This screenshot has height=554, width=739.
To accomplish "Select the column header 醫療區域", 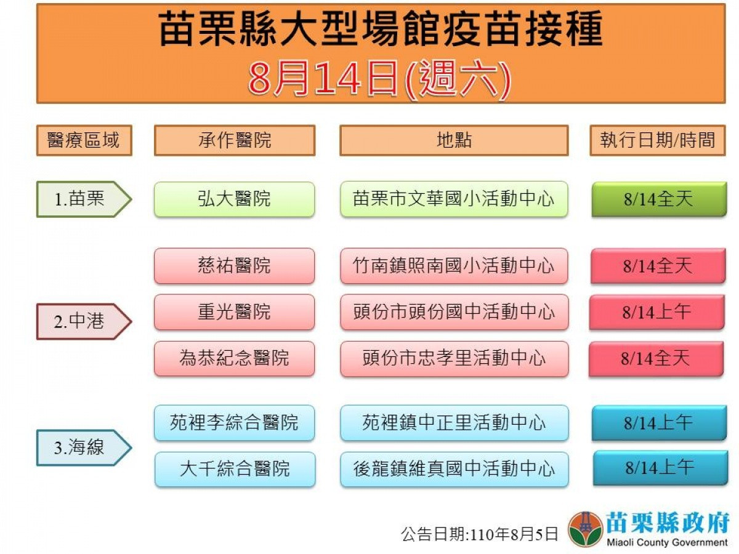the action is coord(84,140).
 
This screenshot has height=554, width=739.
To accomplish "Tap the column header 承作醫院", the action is coord(235,140).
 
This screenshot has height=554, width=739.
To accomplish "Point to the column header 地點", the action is coord(454,140).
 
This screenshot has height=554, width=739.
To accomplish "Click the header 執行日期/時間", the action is coord(658,140).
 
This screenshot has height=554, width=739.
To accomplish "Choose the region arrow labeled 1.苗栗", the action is coord(84,199).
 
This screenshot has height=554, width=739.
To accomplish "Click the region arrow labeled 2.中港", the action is coord(84,321).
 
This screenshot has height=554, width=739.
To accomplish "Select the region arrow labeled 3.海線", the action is coord(84,448).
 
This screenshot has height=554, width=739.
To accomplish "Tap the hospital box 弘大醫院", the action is coord(235,199).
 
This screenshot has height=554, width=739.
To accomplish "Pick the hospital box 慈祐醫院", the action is coord(235,266).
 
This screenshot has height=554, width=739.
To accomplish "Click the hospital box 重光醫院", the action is coord(235,312).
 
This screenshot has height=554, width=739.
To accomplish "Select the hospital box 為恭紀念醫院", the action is coord(235,359).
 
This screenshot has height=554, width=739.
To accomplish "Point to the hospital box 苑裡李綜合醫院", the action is coord(235,423).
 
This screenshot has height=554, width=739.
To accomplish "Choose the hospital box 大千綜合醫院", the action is coord(235,469).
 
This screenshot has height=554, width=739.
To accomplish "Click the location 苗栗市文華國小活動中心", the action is coord(454,199).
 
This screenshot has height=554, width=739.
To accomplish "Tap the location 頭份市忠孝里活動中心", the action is coord(454,359).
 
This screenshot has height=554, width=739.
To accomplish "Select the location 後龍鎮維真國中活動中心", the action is coord(454,469).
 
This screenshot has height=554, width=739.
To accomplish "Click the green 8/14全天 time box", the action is coord(659,199).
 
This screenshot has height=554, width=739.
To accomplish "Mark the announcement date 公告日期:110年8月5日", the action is coord(479,534).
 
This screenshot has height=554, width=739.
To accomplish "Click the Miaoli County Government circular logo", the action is coord(585,529).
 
